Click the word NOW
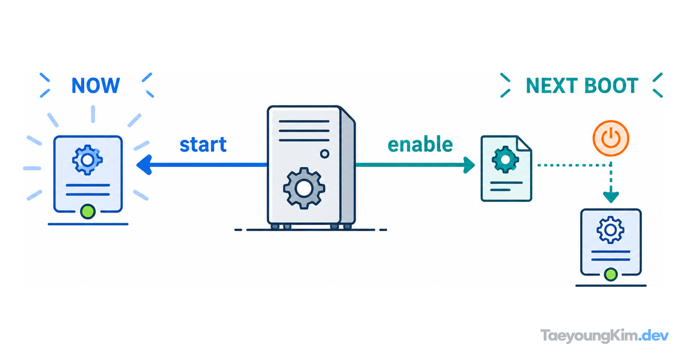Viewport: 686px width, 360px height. tap(95, 85)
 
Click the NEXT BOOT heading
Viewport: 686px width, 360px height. tap(582, 85)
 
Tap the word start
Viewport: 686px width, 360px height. tap(203, 145)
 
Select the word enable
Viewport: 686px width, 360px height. tap(420, 144)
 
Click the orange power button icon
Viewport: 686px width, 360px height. tap(611, 138)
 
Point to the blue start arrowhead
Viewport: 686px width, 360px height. tap(144, 165)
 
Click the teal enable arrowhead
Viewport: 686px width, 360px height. tap(469, 165)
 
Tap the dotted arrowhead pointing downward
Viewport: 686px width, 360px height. tap(611, 197)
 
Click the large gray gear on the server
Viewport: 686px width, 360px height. tap(304, 188)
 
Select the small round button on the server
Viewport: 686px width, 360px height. tap(325, 154)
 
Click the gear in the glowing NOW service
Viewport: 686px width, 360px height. tap(87, 160)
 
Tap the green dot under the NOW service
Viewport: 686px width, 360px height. tap(88, 211)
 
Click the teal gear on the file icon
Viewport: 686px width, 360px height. tap(505, 159)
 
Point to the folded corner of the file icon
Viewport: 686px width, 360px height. tap(524, 143)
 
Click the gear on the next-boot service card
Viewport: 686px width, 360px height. tap(611, 230)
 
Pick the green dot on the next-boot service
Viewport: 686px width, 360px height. tap(611, 274)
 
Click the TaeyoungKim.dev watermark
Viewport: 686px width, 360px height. tap(604, 336)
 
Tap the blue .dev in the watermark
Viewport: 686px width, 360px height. tap(653, 335)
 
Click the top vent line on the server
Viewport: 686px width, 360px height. tap(304, 121)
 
